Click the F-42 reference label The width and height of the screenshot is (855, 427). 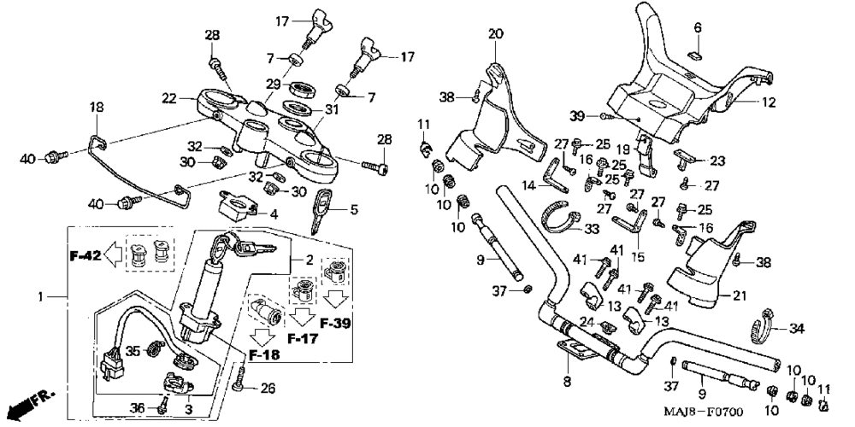[85, 254]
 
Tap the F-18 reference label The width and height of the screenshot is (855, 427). [264, 355]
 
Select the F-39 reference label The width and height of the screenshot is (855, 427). [335, 324]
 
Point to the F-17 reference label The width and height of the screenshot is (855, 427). [303, 339]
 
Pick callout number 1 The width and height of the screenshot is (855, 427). [40, 297]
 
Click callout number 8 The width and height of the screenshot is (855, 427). [567, 382]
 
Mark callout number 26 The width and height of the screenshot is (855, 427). [267, 389]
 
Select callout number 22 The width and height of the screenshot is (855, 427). [169, 98]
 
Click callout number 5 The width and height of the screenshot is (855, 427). [355, 209]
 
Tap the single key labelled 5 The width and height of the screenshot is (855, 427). [321, 210]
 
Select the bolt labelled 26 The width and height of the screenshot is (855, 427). [239, 380]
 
